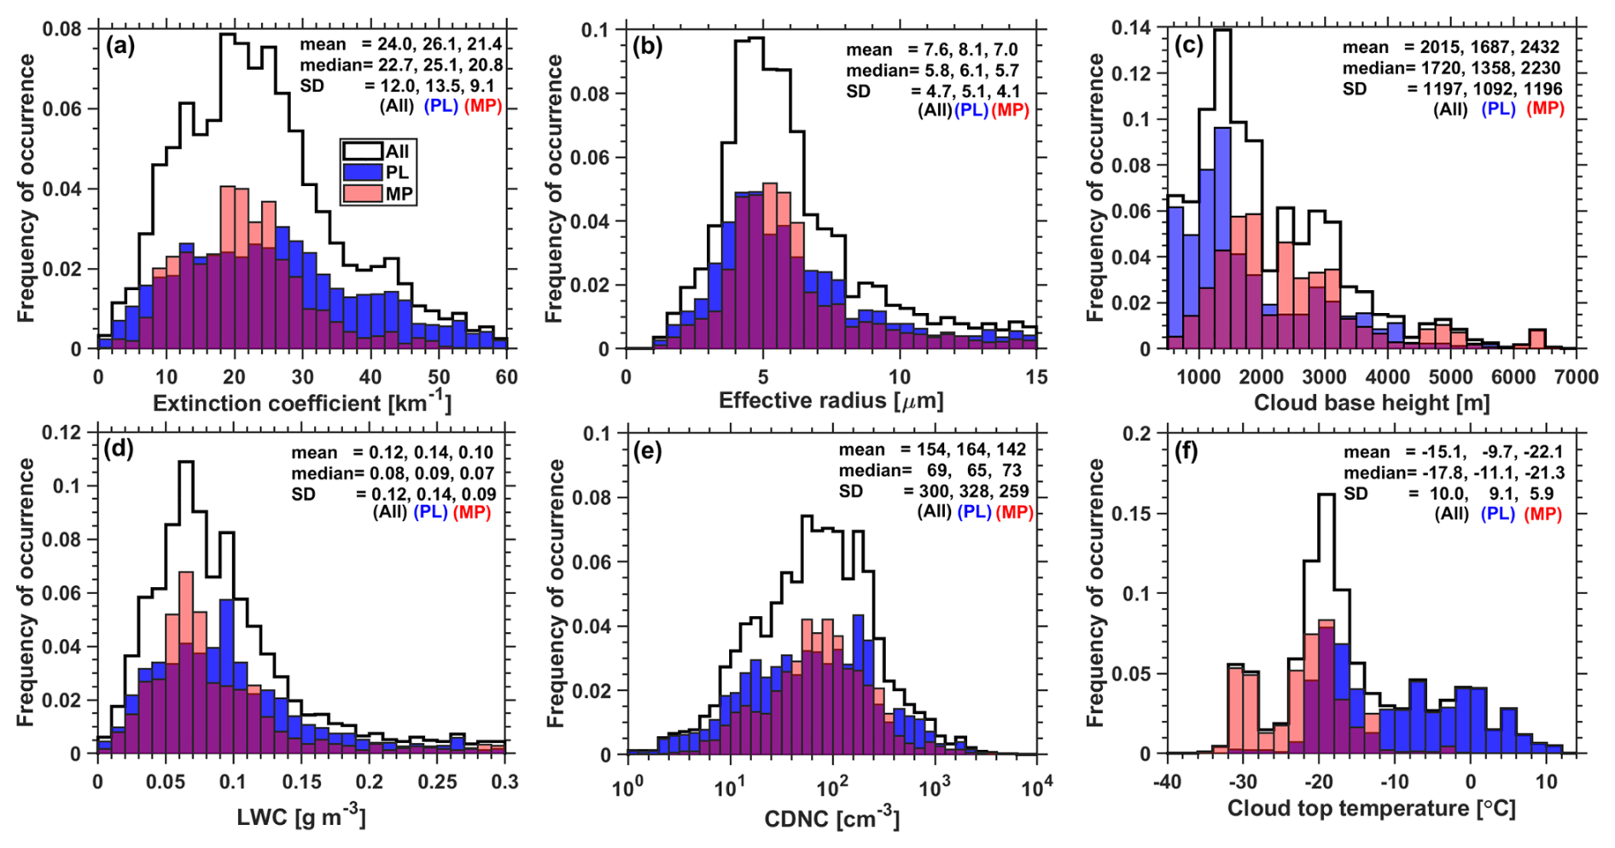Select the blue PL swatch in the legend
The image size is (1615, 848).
(x=360, y=172)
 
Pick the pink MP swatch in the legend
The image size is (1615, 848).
(x=360, y=194)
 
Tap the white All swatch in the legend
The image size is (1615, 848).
(x=360, y=151)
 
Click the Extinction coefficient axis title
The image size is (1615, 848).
(x=302, y=402)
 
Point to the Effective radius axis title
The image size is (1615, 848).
(x=831, y=400)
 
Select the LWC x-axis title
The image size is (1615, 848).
(x=301, y=817)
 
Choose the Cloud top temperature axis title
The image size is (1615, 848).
(x=1371, y=807)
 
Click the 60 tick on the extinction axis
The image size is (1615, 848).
(x=507, y=377)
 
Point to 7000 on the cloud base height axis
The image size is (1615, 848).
(x=1576, y=377)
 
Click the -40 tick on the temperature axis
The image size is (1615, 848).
(x=1167, y=781)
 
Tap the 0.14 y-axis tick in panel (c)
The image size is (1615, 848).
(x=1129, y=29)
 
